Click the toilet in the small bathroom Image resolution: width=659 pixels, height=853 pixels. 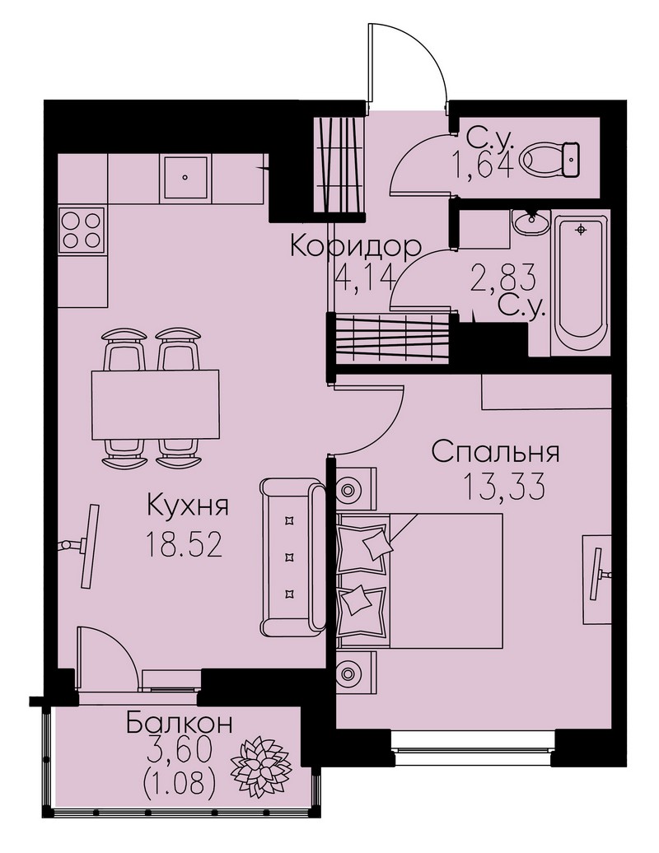[549, 160]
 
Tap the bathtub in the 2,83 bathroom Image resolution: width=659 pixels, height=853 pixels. [580, 284]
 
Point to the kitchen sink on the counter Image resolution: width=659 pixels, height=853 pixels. [185, 177]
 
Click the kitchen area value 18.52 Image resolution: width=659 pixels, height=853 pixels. [185, 545]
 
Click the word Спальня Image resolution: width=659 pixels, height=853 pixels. [496, 453]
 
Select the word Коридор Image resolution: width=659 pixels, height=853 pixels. [356, 246]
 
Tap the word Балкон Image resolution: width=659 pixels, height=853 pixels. [180, 724]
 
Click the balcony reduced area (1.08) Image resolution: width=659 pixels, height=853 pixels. [180, 784]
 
